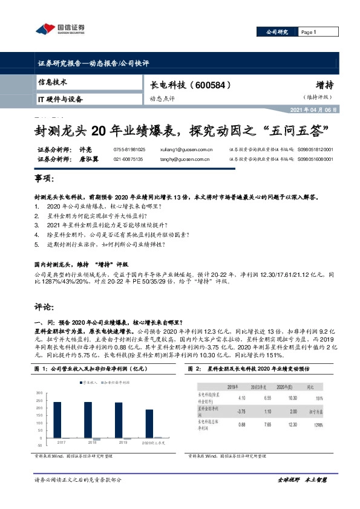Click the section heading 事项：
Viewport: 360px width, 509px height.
tap(45, 180)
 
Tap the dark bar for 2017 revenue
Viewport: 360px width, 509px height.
tap(57, 420)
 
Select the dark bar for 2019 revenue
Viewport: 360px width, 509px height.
tap(119, 420)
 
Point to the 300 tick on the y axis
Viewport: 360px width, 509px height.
tap(39, 393)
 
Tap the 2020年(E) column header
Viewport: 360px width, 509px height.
tap(293, 384)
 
